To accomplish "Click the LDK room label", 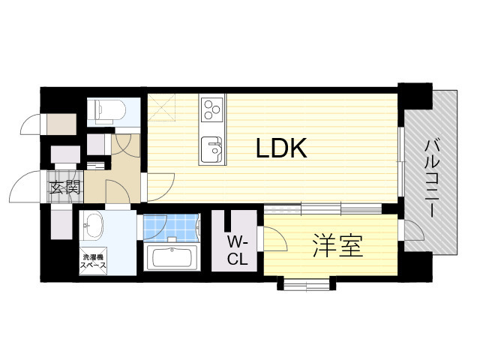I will coord(281,148).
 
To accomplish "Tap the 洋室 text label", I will coord(337,246).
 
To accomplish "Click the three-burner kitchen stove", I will coord(211,109).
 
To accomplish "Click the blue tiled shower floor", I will coord(171,226).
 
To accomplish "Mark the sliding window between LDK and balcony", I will coord(402,169).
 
